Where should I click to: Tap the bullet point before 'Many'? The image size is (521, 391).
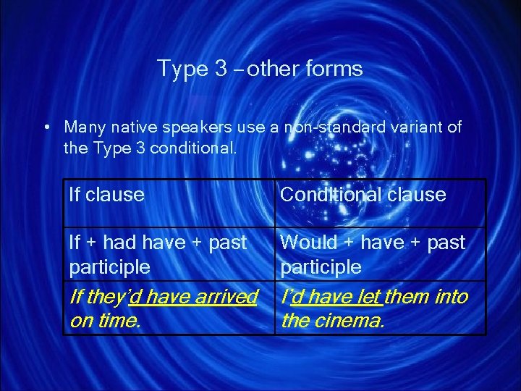coord(46,128)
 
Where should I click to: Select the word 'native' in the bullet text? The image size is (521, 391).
coord(129,127)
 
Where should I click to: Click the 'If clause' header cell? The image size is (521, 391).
coord(106,194)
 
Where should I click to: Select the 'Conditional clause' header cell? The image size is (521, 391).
coord(363,194)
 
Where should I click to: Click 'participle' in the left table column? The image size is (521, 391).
coord(109,266)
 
